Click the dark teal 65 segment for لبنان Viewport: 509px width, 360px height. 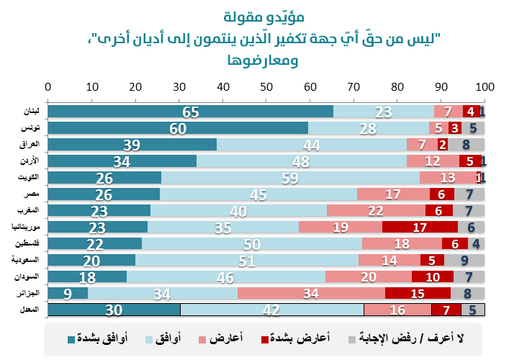point(191,112)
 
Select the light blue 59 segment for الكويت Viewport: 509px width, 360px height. point(291,178)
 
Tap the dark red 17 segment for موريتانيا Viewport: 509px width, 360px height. point(420,227)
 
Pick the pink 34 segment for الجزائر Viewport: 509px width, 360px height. point(312,293)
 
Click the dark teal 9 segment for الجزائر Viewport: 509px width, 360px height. point(68,293)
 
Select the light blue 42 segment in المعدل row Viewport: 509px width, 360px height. point(272,310)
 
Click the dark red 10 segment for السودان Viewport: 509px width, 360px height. point(433,276)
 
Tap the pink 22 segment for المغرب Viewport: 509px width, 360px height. point(376,210)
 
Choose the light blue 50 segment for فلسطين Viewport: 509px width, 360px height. point(252,243)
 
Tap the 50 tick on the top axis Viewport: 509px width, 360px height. point(266,86)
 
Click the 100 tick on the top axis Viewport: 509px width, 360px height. point(485,86)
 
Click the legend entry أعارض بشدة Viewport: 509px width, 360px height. point(302,338)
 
